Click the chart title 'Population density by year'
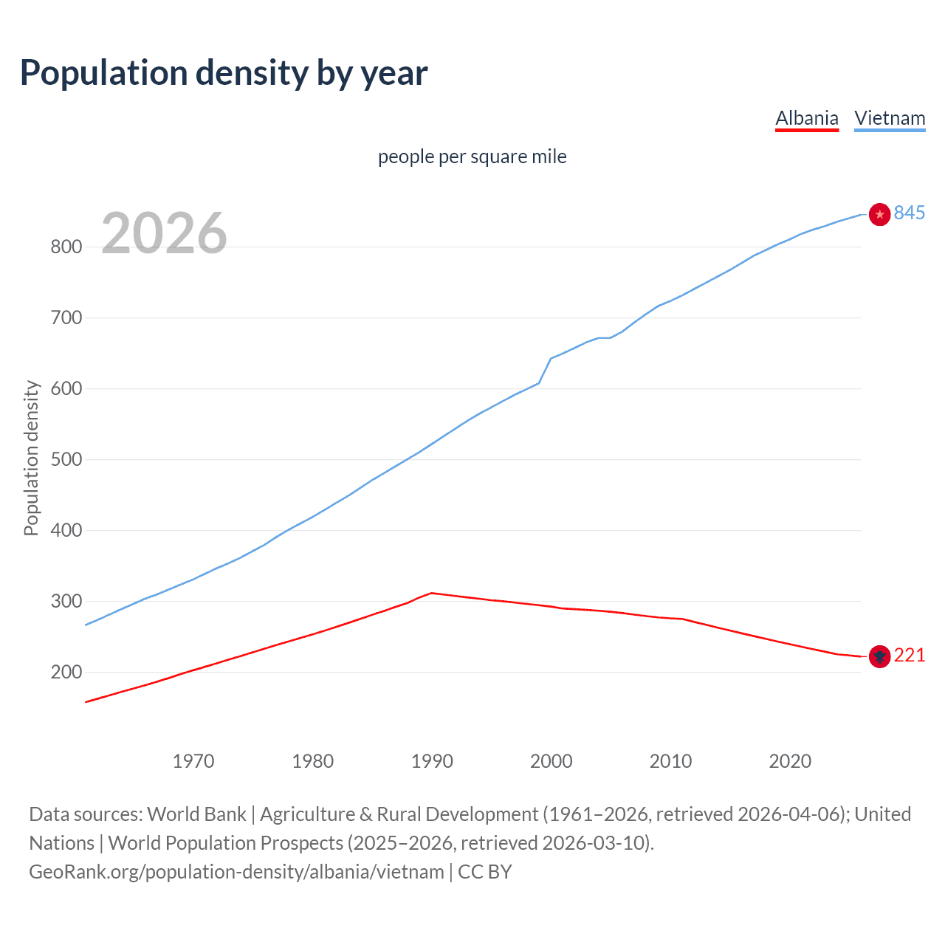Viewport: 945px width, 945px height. coord(224,73)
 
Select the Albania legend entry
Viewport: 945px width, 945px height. coord(806,118)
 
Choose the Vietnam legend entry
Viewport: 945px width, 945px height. coord(890,118)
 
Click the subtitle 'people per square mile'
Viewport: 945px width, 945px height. coord(472,157)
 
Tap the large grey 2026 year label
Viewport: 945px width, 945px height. coord(164,233)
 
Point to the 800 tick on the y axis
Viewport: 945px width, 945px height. coord(66,247)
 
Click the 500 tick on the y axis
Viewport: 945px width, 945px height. coord(66,459)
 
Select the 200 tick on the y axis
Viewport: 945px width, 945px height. coord(66,672)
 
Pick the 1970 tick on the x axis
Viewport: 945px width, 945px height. coord(193,761)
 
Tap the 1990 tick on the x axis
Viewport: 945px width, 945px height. coord(432,761)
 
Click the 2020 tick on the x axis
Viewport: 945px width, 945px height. coord(790,761)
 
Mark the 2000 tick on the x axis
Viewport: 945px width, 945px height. coord(551,761)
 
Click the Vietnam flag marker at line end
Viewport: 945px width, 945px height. coord(879,214)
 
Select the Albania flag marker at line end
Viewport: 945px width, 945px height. coord(879,656)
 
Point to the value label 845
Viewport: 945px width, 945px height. coord(910,213)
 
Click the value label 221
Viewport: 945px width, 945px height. coord(910,656)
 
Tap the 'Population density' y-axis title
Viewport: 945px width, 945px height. coord(31,458)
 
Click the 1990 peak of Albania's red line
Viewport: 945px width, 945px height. coord(432,593)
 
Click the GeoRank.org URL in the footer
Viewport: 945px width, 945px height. coord(236,872)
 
